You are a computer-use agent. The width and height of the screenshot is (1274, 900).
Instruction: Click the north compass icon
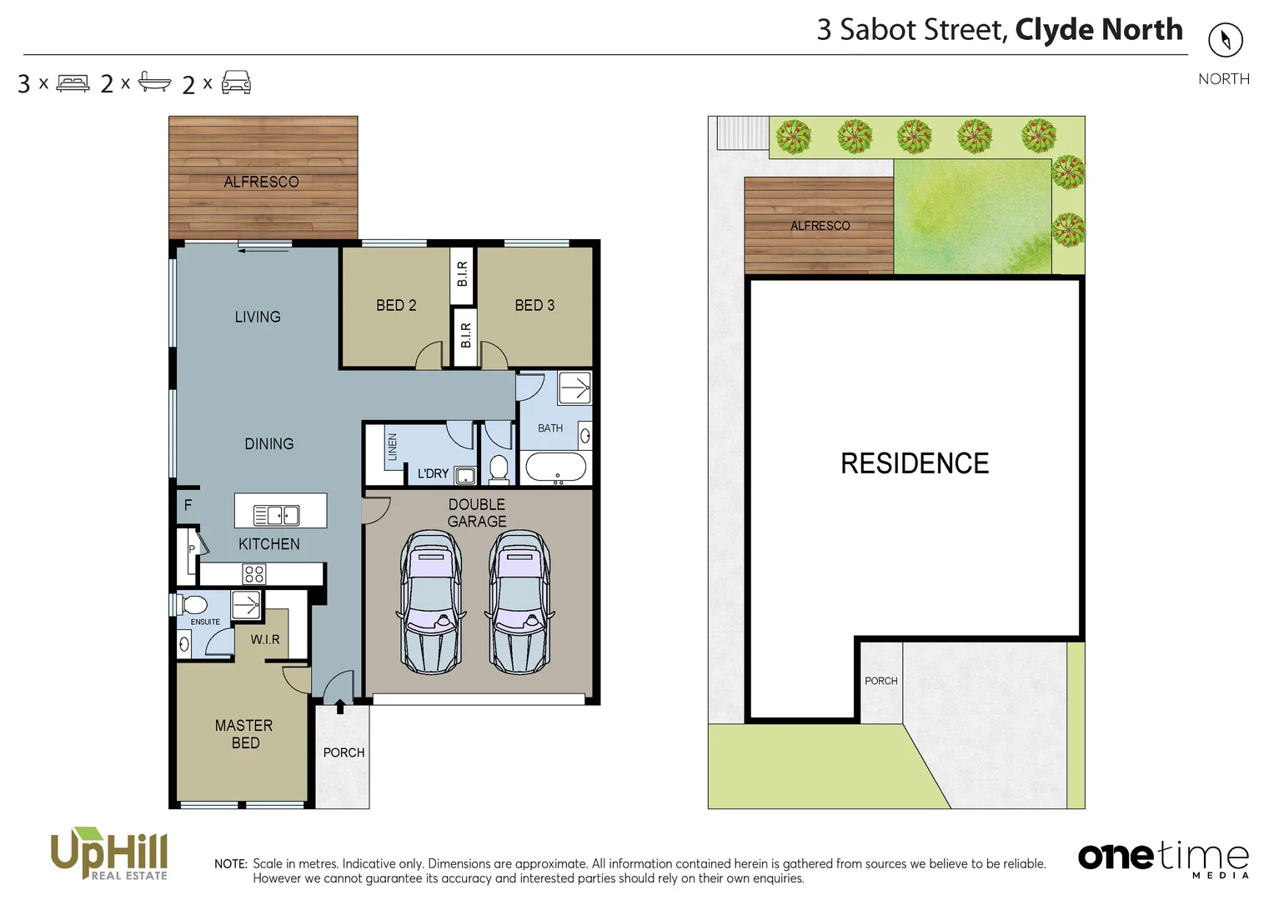point(1225,40)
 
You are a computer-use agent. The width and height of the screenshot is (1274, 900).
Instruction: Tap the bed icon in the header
point(73,83)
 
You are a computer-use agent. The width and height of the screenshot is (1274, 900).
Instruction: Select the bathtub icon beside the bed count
point(154,82)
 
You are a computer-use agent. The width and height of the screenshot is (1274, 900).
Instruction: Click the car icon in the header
point(236,82)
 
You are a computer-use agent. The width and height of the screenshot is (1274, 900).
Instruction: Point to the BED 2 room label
point(396,306)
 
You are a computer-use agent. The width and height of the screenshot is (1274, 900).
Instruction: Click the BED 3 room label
point(534,306)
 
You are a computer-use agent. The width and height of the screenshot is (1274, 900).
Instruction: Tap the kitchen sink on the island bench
point(276,515)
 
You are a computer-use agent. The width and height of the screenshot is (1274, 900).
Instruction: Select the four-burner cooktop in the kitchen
point(254,573)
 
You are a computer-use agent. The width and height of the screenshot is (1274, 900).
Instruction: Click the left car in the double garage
point(430,602)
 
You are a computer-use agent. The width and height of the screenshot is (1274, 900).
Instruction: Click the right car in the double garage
point(519,602)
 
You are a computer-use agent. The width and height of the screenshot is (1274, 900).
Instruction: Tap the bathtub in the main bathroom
point(556,467)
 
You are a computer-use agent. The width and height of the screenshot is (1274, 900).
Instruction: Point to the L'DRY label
point(433,473)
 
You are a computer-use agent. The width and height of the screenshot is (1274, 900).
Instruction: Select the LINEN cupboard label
point(392,447)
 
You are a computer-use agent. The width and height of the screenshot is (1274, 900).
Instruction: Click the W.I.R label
point(265,639)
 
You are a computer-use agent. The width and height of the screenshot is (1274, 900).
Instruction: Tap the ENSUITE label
point(205,622)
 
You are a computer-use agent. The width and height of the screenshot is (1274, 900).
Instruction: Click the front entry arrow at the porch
point(340,707)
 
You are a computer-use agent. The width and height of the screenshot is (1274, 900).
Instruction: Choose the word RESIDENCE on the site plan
point(914,463)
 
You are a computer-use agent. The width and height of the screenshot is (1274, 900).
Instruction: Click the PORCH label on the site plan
point(880,681)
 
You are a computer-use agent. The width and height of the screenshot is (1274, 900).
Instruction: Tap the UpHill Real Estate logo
point(109,853)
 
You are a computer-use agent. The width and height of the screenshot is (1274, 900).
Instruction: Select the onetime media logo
point(1163,858)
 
